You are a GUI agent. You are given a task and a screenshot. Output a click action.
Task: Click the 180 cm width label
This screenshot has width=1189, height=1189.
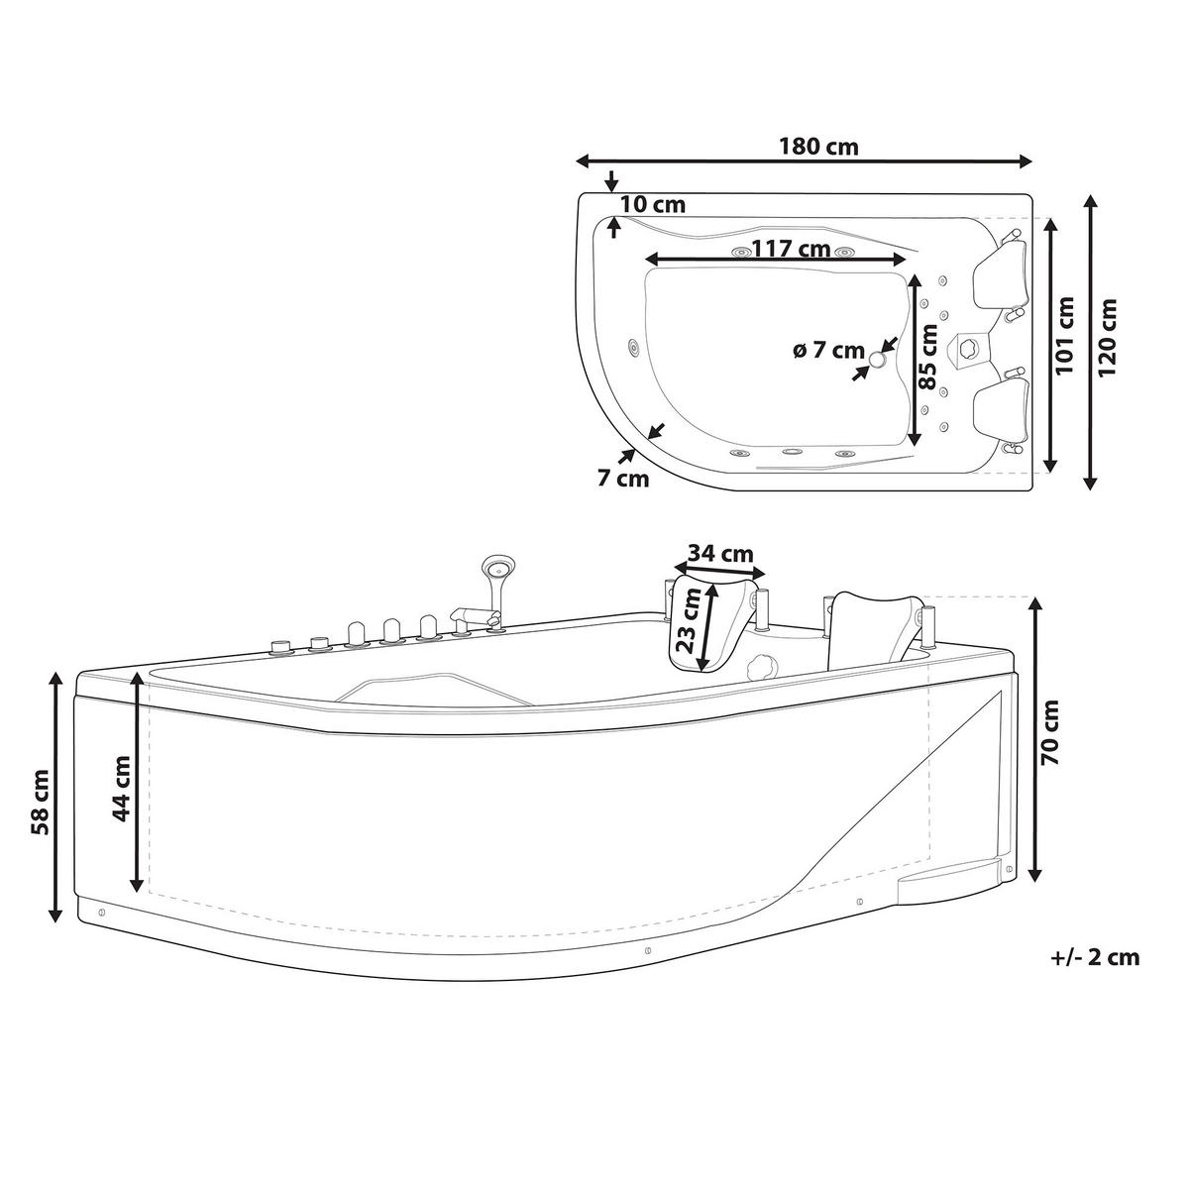tap(818, 147)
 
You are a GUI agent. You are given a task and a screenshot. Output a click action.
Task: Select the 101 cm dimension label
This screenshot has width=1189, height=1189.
tap(1064, 335)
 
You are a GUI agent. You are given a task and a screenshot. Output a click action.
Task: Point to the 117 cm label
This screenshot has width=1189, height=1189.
tap(791, 249)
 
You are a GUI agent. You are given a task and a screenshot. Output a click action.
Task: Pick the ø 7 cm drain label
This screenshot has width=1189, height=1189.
tap(828, 350)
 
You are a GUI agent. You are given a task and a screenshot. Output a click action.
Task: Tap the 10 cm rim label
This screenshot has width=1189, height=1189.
tap(653, 204)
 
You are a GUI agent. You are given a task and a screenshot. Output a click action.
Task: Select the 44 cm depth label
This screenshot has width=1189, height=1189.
tap(121, 789)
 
